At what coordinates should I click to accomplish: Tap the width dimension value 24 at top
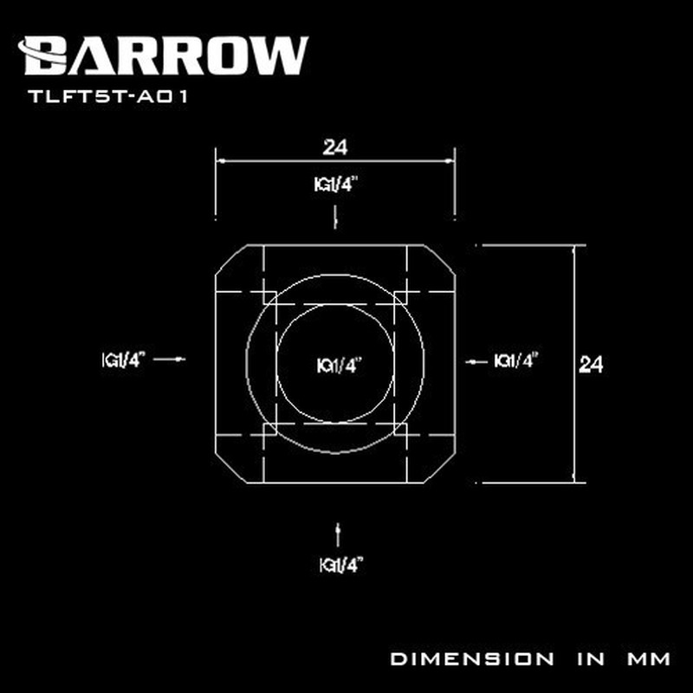pyautogui.click(x=334, y=148)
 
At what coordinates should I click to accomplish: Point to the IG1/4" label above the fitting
pyautogui.click(x=335, y=185)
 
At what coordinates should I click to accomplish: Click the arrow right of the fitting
pyautogui.click(x=473, y=362)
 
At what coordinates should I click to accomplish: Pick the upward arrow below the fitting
pyautogui.click(x=336, y=530)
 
